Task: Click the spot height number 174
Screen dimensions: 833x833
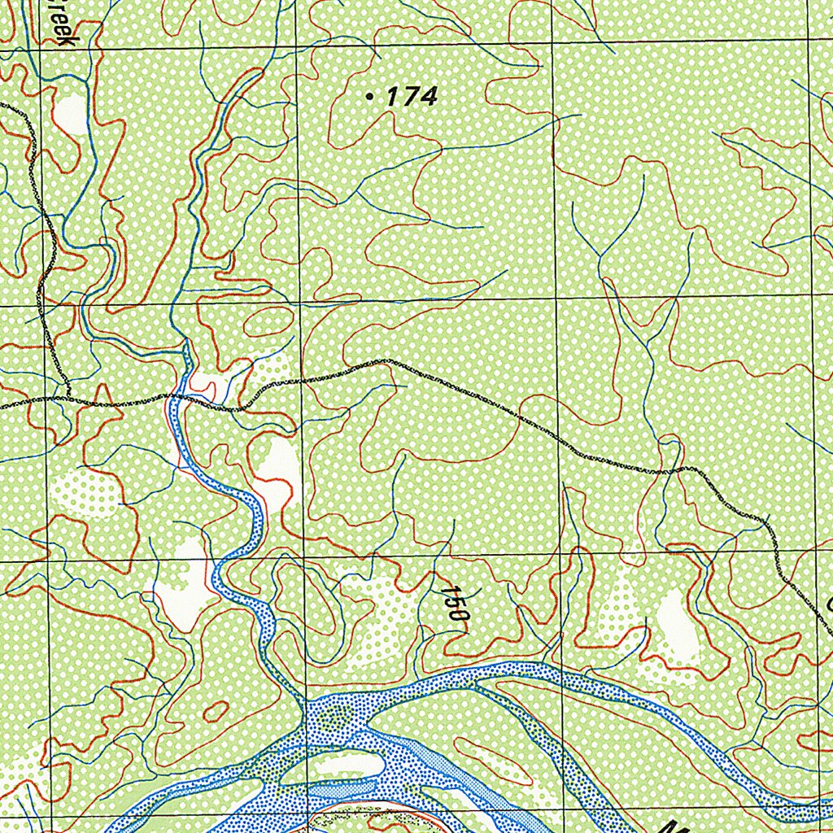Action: tap(412, 98)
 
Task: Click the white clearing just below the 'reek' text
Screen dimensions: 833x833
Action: tap(72, 112)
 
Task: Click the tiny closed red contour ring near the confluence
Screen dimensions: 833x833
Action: tap(216, 711)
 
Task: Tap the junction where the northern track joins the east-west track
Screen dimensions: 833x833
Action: tap(67, 399)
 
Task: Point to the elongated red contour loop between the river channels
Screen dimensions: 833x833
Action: tap(488, 761)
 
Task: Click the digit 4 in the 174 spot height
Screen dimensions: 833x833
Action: tap(429, 98)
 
